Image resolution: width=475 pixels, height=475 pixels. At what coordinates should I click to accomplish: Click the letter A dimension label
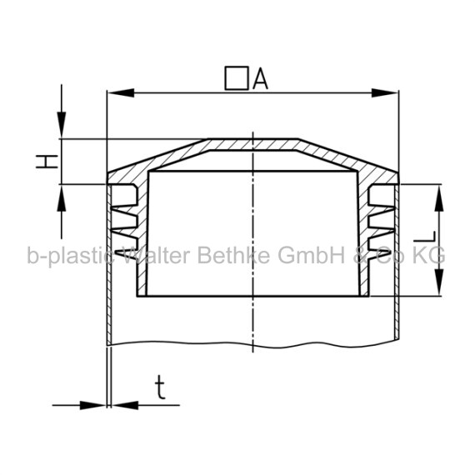(261, 78)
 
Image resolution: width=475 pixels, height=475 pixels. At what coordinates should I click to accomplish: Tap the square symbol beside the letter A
(237, 78)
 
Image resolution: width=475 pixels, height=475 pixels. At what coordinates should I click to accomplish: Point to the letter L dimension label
(425, 237)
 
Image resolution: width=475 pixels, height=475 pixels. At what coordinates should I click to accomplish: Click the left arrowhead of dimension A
(121, 93)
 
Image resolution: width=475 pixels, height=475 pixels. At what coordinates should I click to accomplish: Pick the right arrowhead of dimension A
(385, 93)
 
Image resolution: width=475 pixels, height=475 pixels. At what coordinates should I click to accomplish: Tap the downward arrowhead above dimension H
(62, 125)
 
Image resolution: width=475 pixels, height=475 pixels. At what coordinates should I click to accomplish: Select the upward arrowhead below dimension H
(62, 198)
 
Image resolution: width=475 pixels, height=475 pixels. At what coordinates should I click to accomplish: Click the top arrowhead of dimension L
(439, 197)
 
